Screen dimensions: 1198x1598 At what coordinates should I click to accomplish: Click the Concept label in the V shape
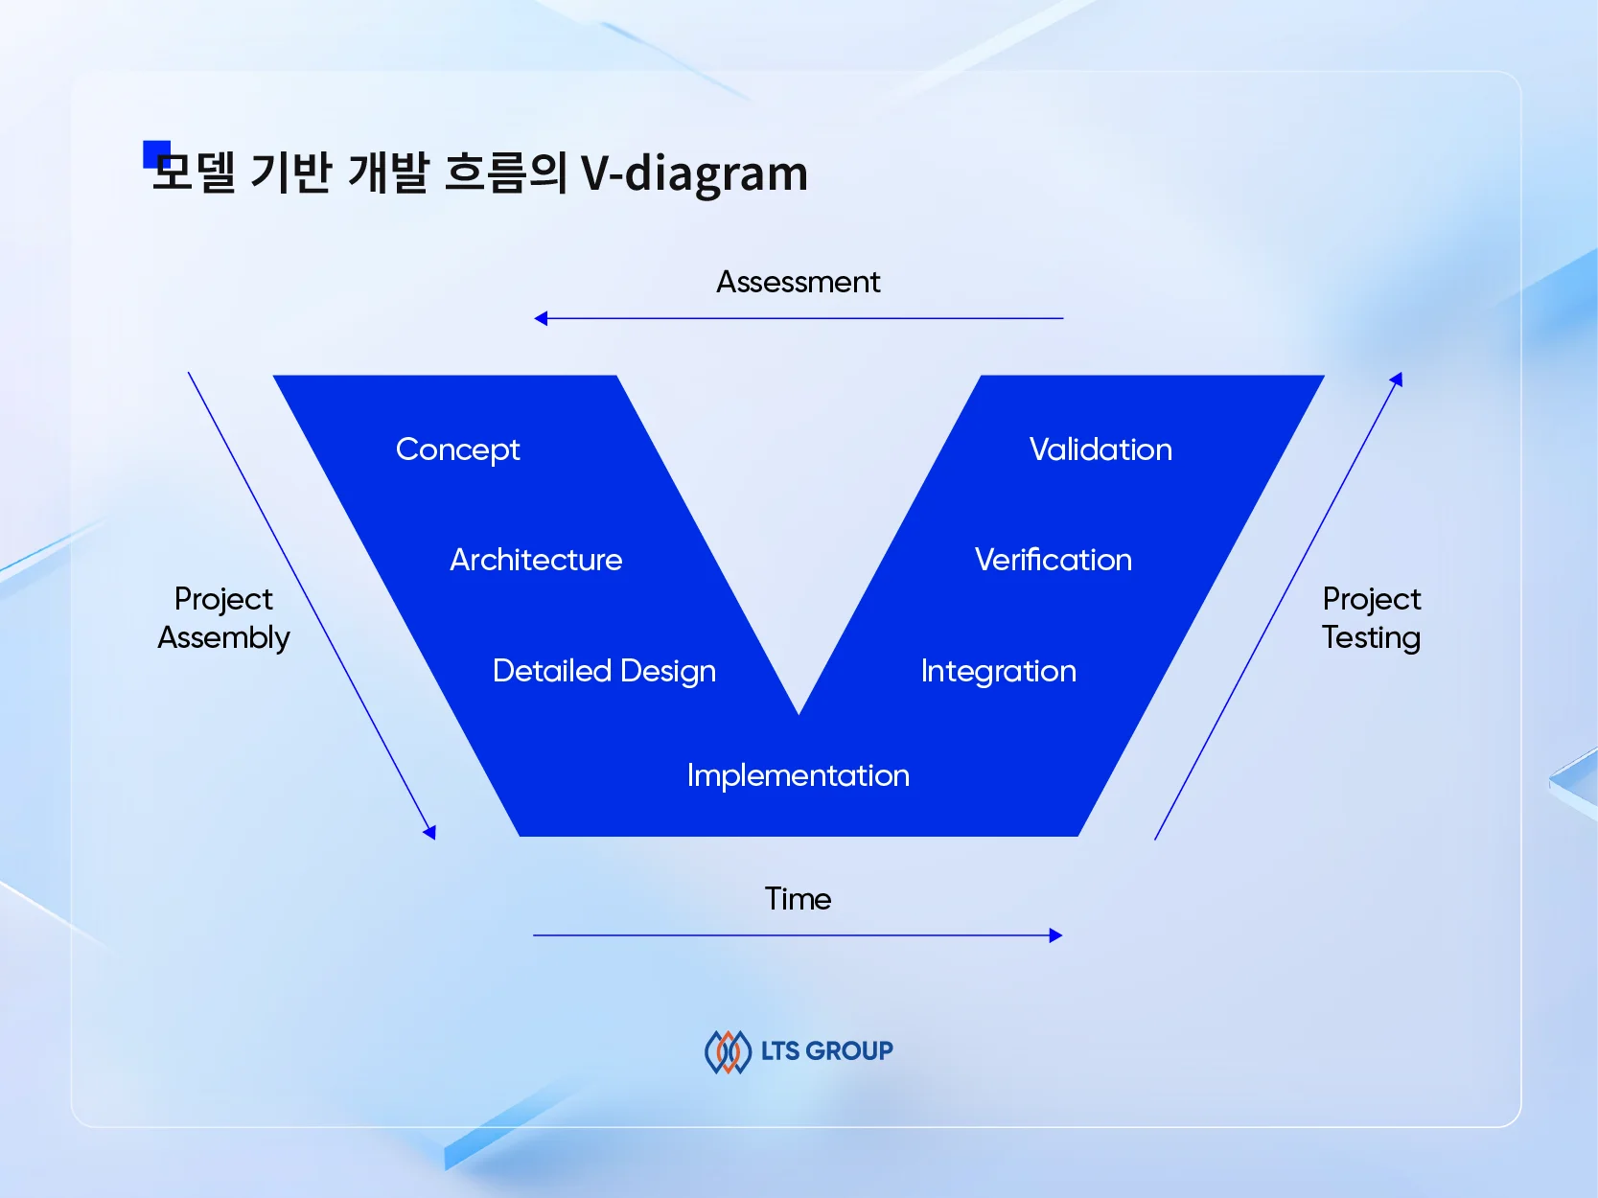coord(457,449)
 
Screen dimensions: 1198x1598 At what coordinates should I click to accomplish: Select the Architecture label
coord(536,560)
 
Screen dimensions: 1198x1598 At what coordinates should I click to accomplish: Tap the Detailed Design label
coord(604,671)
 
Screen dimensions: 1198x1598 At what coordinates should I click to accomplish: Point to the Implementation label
coord(798,775)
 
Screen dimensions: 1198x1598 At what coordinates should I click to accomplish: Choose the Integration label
coord(998,671)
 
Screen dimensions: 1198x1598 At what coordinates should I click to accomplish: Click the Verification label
coord(1053,560)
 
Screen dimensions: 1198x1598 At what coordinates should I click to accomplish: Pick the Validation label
coord(1100,449)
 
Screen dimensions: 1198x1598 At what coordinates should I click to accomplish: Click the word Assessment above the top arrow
coord(798,282)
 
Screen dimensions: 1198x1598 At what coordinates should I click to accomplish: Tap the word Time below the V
coord(798,899)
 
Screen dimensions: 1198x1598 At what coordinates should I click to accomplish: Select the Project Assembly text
coord(223,618)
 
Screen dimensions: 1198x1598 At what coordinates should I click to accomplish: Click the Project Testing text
coord(1371,618)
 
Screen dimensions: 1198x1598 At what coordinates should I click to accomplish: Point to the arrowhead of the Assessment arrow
coord(541,318)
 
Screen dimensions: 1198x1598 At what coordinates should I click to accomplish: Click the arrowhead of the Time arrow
coord(1055,935)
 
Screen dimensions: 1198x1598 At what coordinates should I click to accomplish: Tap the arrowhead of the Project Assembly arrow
coord(430,832)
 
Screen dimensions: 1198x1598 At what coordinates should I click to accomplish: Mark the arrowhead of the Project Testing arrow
coord(1398,380)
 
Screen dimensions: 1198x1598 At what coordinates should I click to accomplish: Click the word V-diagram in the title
coord(694,173)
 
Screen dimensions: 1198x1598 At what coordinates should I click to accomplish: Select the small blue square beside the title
coord(155,153)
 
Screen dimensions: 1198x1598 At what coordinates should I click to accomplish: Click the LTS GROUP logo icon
coord(728,1051)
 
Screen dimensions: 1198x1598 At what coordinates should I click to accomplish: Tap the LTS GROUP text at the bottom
coord(826,1051)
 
